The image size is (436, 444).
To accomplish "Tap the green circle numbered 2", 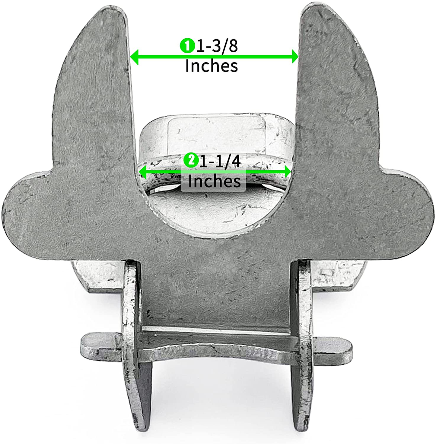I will pos(191,160).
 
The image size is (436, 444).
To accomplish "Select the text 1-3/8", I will pos(217,46).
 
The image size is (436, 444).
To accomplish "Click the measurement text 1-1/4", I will pos(220,161).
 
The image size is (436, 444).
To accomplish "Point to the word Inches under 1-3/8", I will pos(212,66).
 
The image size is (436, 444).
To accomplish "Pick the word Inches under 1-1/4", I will pos(214,181).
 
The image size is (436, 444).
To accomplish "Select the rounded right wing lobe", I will pos(413,211).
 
